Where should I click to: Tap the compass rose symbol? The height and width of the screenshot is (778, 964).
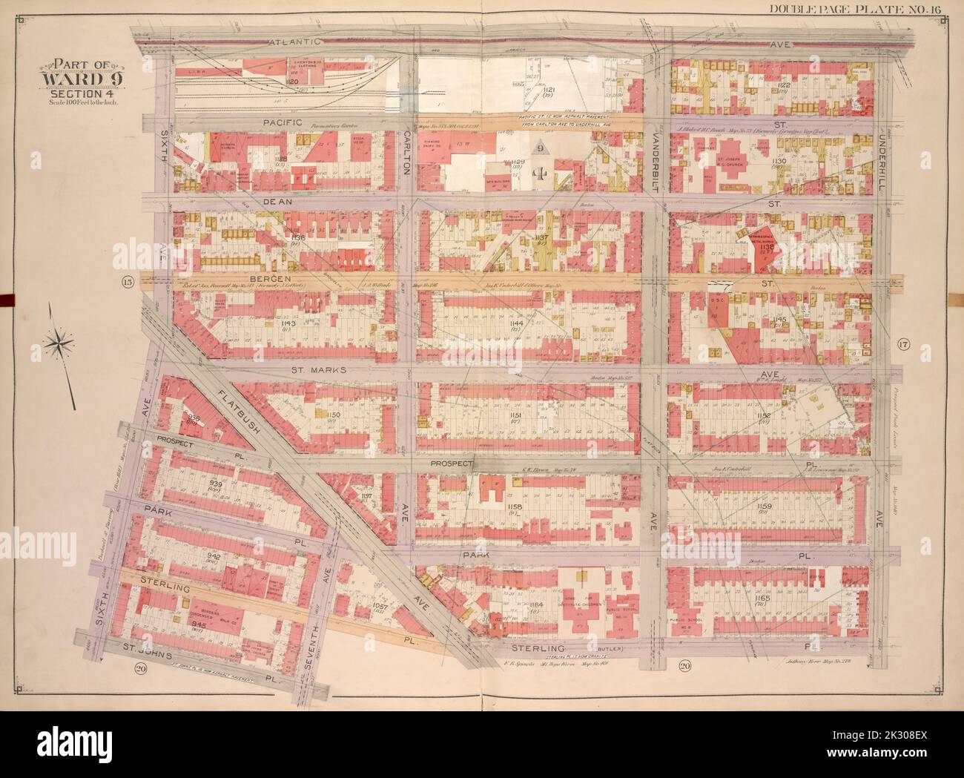pos(59,342)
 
